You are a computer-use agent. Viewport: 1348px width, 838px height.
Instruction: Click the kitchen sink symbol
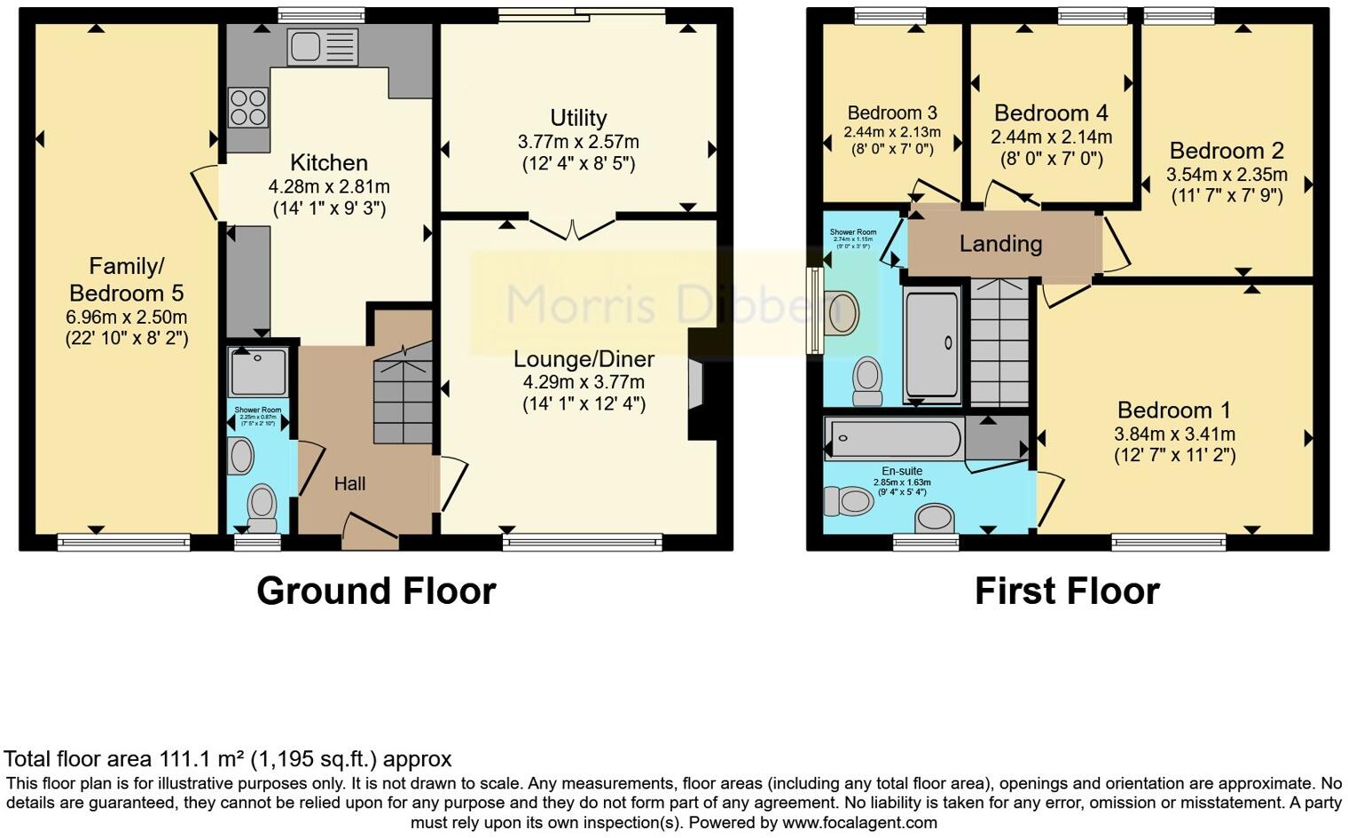tap(323, 47)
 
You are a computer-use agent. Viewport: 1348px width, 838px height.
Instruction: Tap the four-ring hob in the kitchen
tap(248, 107)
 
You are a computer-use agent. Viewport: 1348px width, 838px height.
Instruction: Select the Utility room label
tap(578, 118)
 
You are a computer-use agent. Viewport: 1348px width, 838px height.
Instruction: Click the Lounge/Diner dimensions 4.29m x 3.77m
tap(584, 382)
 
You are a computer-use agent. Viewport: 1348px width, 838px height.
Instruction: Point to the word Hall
tap(349, 484)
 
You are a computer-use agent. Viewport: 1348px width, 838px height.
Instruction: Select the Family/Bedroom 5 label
tap(127, 279)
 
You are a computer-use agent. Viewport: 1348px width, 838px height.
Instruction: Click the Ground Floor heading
tap(376, 591)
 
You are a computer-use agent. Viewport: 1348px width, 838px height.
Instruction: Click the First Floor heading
tap(1067, 591)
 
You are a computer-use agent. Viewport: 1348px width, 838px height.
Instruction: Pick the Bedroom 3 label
tap(892, 114)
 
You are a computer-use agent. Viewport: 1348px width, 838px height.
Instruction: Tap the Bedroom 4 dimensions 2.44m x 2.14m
tap(1051, 137)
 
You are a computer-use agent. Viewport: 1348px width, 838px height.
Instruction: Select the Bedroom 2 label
tap(1227, 150)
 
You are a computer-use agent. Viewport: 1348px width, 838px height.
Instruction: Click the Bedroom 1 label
tap(1174, 410)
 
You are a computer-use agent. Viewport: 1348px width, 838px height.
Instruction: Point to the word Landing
tap(1000, 243)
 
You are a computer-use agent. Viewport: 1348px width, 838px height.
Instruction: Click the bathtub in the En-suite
tap(892, 438)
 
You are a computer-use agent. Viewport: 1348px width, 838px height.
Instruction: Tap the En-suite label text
tap(902, 472)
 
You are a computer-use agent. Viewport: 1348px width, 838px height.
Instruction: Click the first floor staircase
tap(999, 341)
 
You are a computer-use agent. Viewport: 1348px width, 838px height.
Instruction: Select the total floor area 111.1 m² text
tap(228, 759)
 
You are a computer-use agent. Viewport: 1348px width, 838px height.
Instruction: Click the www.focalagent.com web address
tap(859, 823)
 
